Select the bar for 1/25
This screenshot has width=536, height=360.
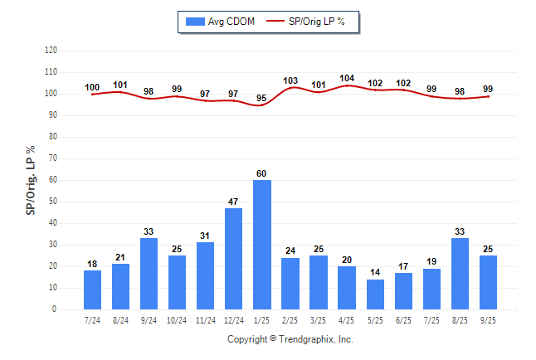pos(262,245)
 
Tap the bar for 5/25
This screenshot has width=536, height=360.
pos(375,294)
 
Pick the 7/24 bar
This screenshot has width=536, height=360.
pos(93,290)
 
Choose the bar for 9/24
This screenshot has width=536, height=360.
pos(149,274)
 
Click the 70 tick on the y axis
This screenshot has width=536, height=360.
pos(52,158)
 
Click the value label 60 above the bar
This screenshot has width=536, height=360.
pos(262,173)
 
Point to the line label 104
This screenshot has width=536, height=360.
pos(347,78)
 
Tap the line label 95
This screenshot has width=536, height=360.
pos(262,99)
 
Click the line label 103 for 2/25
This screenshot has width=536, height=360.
pos(290,80)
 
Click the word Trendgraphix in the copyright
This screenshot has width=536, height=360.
pos(307,339)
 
